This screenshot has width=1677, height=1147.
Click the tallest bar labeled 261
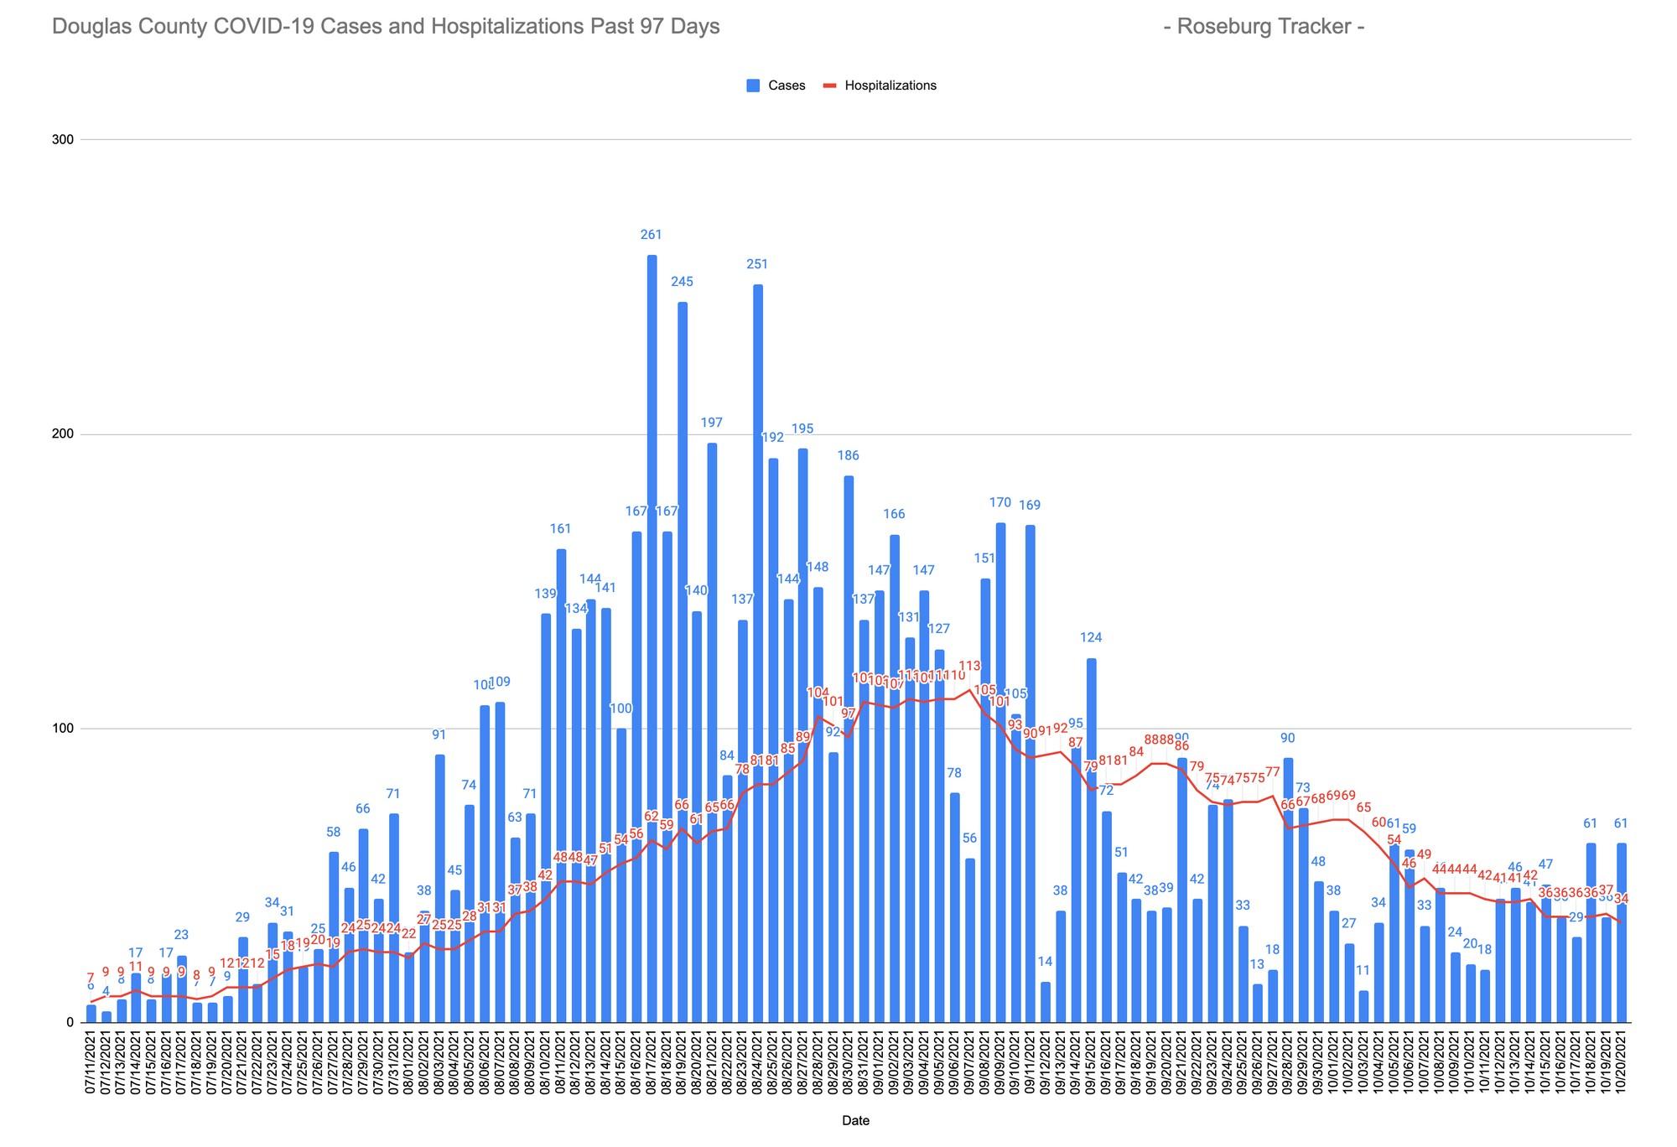tap(652, 637)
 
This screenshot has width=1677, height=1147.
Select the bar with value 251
tap(757, 654)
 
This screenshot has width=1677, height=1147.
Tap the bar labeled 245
tap(682, 662)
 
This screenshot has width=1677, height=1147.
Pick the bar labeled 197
tap(712, 729)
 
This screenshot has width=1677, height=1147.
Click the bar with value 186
tap(849, 746)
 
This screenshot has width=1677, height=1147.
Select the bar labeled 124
tap(1091, 838)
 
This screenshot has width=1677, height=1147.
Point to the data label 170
tap(1000, 503)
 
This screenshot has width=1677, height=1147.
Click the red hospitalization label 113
tap(969, 667)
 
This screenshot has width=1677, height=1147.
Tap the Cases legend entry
tap(776, 86)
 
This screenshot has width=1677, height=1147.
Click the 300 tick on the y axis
tap(63, 140)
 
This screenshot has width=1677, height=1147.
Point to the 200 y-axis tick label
tap(63, 434)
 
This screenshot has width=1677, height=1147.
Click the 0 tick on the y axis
tap(69, 1023)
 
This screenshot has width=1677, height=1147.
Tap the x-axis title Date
tap(855, 1120)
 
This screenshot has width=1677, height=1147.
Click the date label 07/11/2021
tap(91, 1063)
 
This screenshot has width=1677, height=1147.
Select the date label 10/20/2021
tap(1622, 1063)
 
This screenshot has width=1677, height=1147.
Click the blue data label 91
tap(439, 735)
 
